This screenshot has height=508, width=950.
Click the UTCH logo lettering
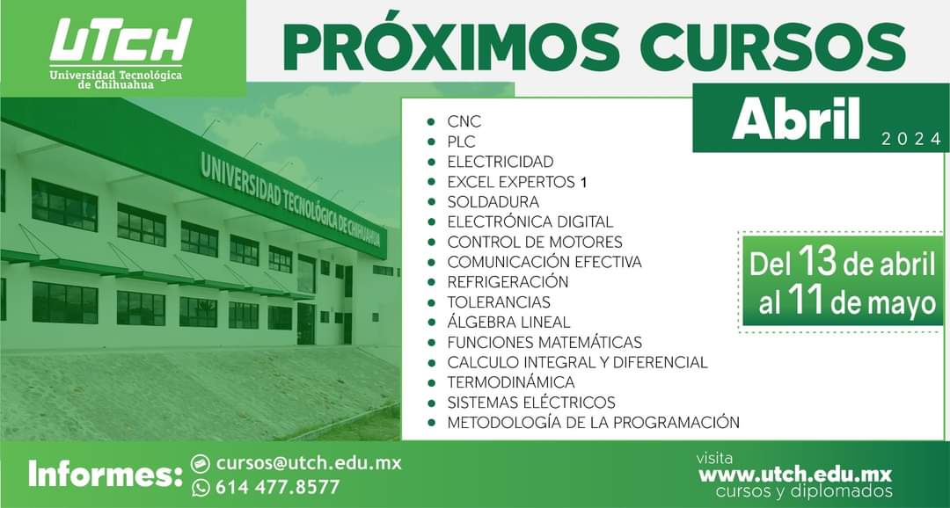[121, 40]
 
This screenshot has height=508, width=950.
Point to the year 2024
[910, 140]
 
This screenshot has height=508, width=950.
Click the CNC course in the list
[464, 121]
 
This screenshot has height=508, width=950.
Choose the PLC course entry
[462, 142]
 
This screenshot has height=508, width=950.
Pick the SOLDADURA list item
[493, 201]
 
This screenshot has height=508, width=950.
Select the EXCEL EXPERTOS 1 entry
[517, 182]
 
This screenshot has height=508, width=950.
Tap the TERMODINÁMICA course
[511, 382]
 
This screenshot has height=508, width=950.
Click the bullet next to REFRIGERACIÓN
[431, 282]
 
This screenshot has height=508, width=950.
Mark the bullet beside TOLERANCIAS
[431, 302]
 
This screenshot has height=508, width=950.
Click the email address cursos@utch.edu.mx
[309, 464]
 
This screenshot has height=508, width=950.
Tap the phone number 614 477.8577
[277, 487]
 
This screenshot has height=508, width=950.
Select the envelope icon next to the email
[201, 464]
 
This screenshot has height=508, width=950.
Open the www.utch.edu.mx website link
[795, 474]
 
